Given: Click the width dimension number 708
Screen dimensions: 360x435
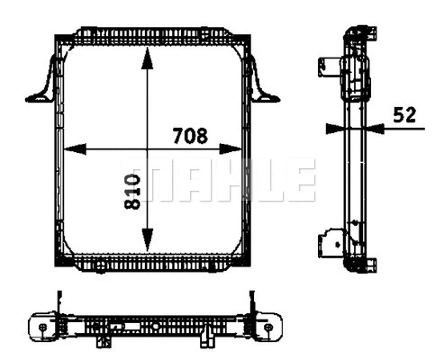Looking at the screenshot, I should point(190,136).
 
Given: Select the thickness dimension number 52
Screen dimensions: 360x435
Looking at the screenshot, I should point(404,114).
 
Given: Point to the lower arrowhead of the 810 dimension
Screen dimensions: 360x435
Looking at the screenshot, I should point(149,244).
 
